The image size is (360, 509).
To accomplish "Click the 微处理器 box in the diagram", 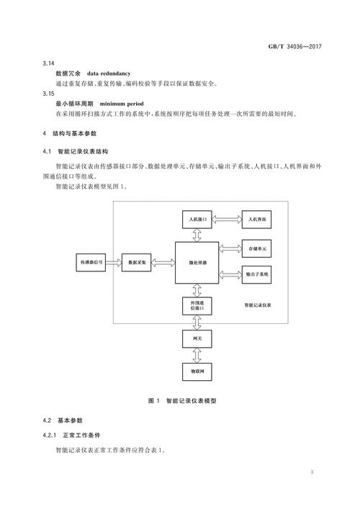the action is tap(197, 263).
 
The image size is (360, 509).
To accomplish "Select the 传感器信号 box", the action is tap(91, 262).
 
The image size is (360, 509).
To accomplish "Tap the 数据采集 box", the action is tap(136, 262).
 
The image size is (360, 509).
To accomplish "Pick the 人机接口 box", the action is tap(197, 220).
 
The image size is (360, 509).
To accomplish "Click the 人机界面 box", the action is tap(256, 220).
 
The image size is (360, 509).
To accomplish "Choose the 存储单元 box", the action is tap(256, 248).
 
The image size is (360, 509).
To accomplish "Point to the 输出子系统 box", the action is tap(256, 274).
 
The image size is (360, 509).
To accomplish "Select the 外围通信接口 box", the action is tap(197, 306).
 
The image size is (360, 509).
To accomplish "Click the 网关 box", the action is tap(197, 338).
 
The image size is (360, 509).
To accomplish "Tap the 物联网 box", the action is tap(197, 371).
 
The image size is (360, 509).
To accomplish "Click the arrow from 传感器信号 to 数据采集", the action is tap(114, 262).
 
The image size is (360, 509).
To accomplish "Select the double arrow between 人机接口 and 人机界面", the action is tap(227, 220).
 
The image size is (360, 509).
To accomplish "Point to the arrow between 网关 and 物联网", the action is tap(197, 356).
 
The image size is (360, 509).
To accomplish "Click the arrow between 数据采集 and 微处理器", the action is tap(163, 262).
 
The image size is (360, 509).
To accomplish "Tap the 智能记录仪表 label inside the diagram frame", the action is tap(258, 305).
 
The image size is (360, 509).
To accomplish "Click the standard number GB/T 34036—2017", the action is tap(294, 46).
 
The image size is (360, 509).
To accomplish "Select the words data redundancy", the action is tap(109, 73).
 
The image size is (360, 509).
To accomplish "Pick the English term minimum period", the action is tap(122, 104).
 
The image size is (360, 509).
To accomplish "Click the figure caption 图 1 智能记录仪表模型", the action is tap(182, 400).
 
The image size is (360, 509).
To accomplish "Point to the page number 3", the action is tap(312, 472).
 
